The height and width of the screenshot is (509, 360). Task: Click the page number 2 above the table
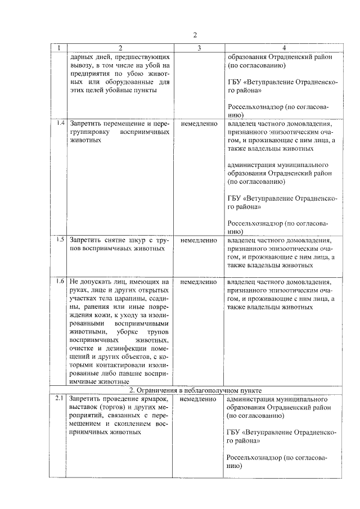click(194, 35)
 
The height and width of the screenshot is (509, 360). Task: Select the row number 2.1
click(60, 399)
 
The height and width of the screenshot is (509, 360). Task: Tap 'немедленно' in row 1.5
click(199, 240)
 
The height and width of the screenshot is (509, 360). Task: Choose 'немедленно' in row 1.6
click(199, 282)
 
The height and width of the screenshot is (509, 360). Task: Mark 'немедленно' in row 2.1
click(199, 399)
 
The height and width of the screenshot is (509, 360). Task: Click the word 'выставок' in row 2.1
click(84, 408)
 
